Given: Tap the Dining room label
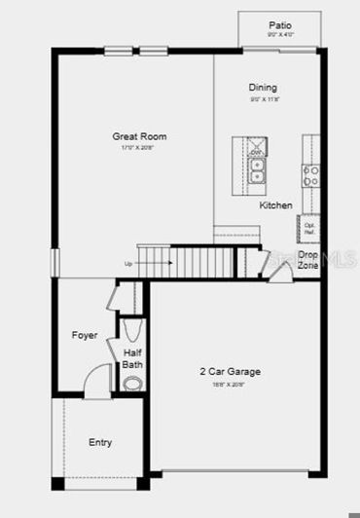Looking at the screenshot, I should coord(263,88).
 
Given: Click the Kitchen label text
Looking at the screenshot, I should coord(275,205).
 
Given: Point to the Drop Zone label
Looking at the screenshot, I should coord(308,260).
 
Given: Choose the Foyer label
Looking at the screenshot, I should coord(85,335).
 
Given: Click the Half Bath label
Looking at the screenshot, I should coord(133,358).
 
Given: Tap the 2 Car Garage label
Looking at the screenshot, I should coord(230,371).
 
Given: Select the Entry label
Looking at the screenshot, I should coord(100,442).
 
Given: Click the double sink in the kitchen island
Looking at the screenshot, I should coord(256,172).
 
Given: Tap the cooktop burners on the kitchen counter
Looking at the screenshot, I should coord(311,174).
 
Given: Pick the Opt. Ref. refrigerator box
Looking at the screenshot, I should coord(309,229).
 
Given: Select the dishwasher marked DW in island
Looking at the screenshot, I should coord(256,152).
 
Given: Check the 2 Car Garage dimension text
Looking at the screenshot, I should coord(230,384).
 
